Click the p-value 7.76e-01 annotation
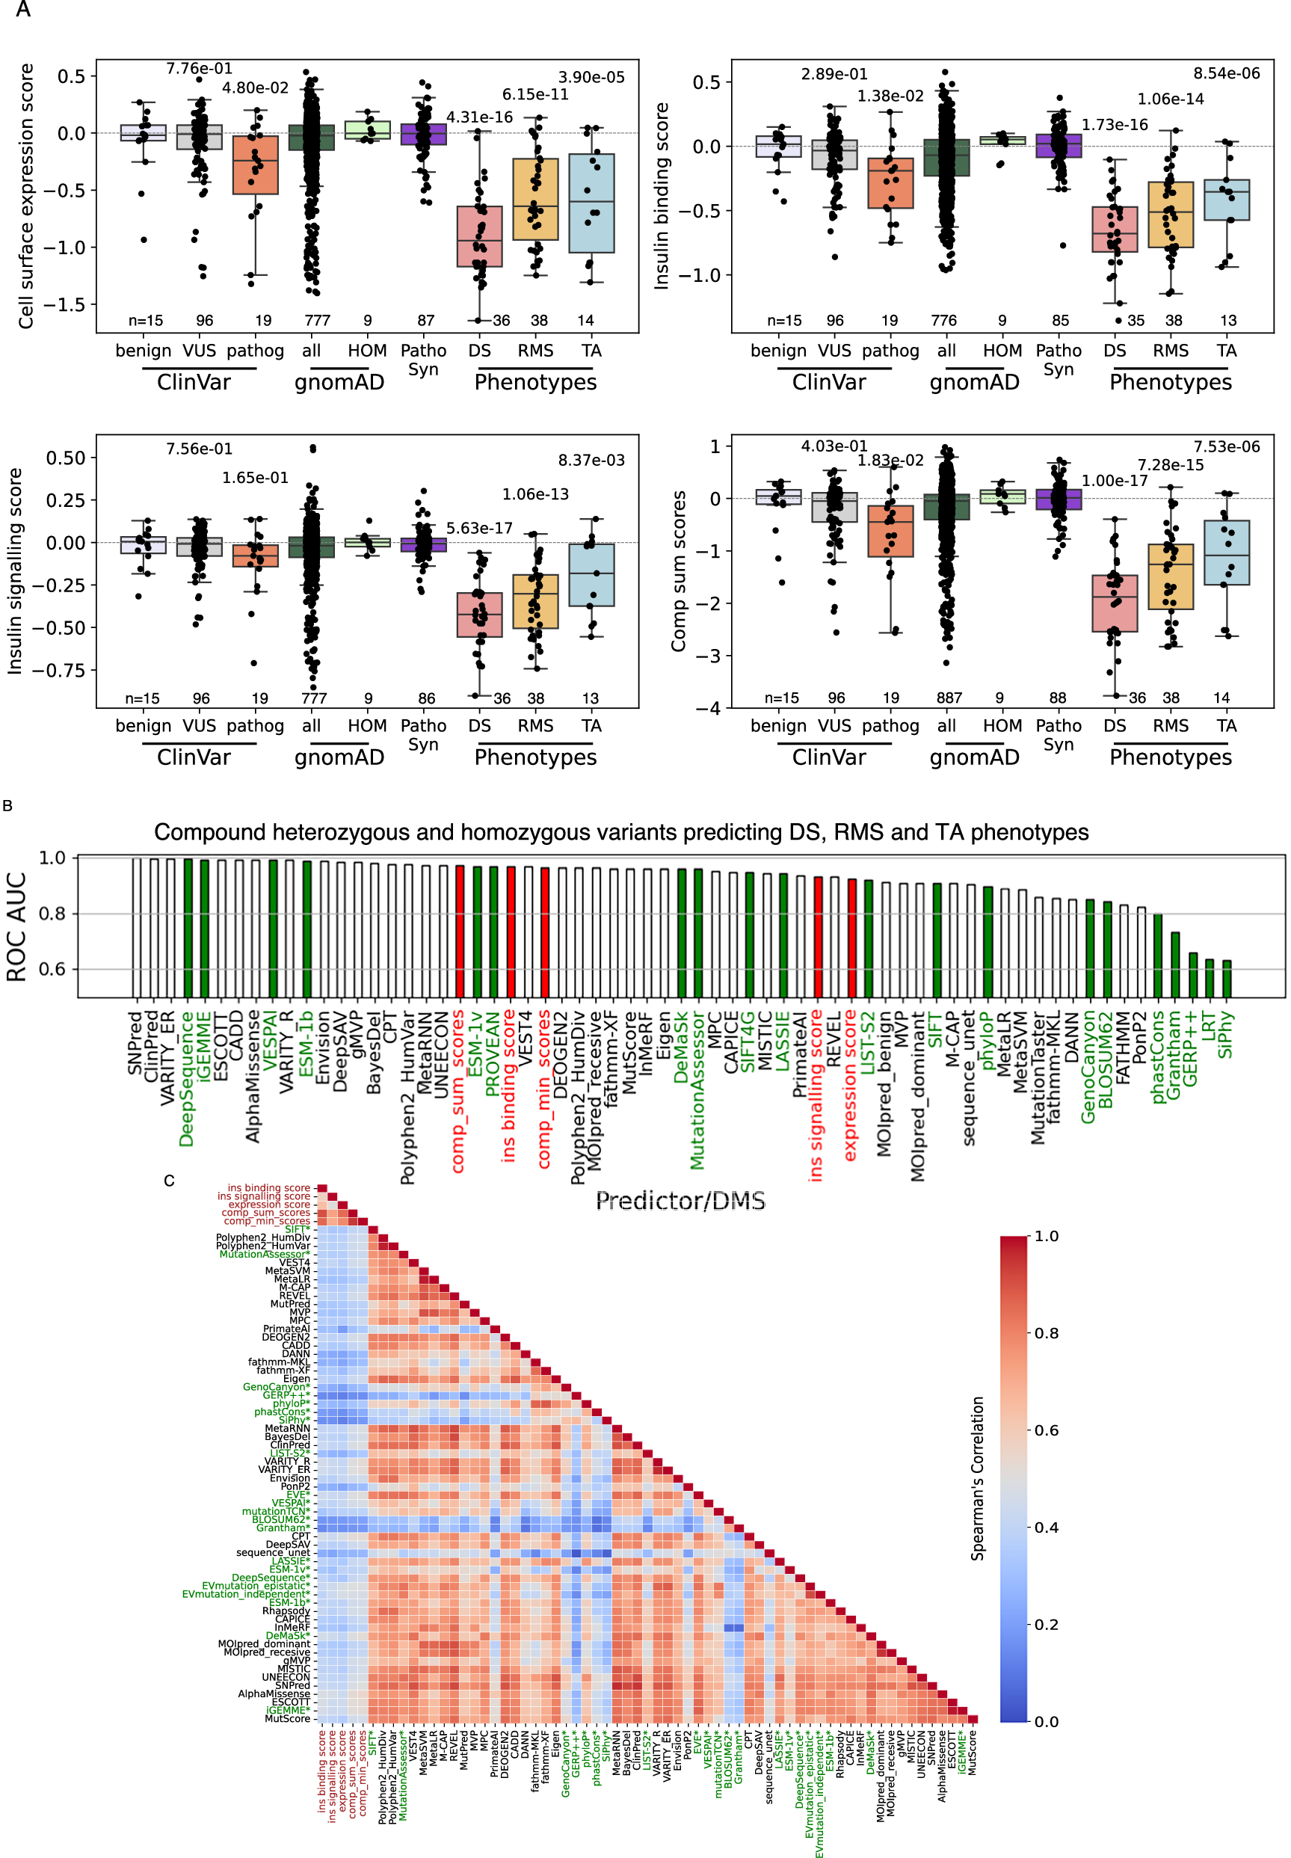tap(199, 69)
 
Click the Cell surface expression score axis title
tap(26, 196)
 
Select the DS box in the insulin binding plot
tap(1114, 229)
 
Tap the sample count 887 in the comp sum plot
tap(949, 698)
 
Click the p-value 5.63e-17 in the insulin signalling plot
tap(480, 527)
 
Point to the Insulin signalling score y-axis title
tap(14, 570)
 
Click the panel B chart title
tap(620, 831)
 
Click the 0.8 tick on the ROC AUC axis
tap(52, 913)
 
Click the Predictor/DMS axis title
tap(680, 1200)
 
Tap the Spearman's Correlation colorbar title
tap(977, 1478)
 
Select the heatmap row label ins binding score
tap(268, 1187)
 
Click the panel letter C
tap(169, 1180)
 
